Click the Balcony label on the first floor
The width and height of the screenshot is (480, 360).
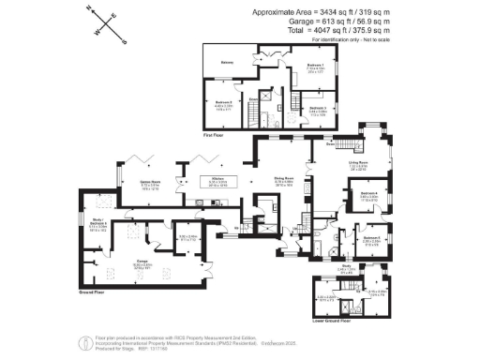pyautogui.click(x=226, y=63)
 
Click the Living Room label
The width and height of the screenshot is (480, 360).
pyautogui.click(x=358, y=163)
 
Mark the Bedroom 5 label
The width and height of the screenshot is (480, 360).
pyautogui.click(x=373, y=238)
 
